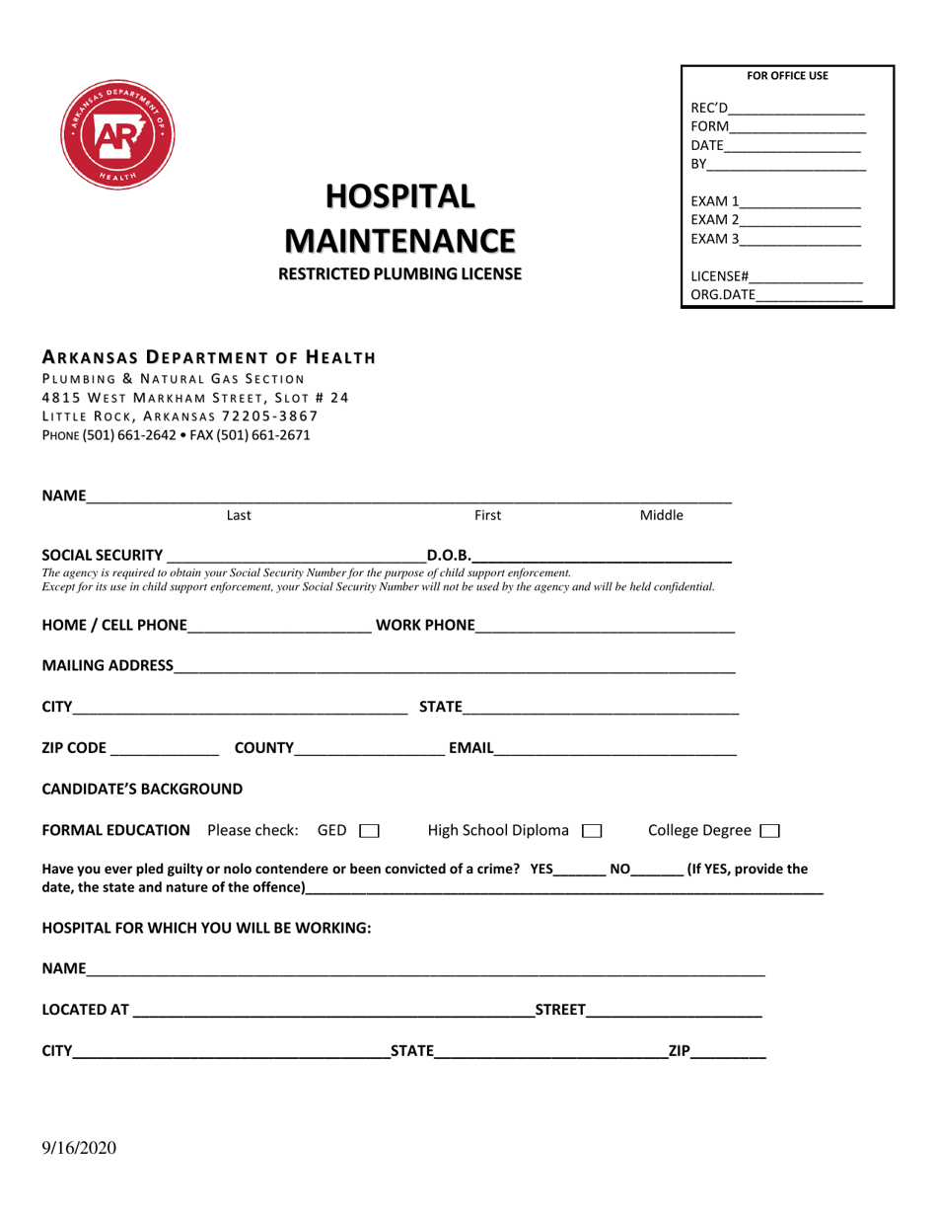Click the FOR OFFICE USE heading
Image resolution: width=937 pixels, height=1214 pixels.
(787, 76)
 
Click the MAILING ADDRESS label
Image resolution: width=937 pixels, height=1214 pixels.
(108, 666)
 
